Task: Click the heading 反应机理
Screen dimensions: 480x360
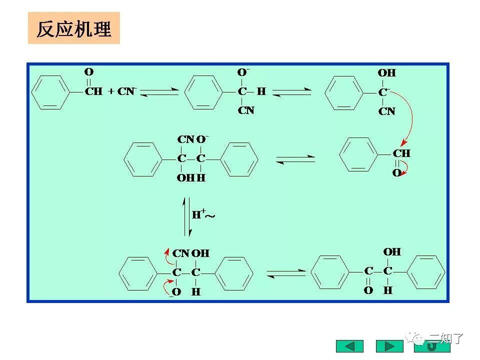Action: pyautogui.click(x=73, y=29)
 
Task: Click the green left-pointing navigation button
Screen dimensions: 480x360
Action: pyautogui.click(x=349, y=345)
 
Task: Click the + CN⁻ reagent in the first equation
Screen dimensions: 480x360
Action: pyautogui.click(x=123, y=91)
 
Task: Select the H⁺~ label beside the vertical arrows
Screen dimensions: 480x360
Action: pyautogui.click(x=203, y=215)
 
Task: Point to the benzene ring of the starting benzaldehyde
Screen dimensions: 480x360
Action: pyautogui.click(x=50, y=92)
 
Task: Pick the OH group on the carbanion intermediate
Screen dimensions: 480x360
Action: pyautogui.click(x=386, y=73)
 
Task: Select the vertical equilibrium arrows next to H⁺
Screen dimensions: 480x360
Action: pyautogui.click(x=187, y=216)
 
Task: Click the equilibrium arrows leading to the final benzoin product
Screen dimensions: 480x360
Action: pyautogui.click(x=286, y=272)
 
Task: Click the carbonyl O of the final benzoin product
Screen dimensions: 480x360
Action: pyautogui.click(x=368, y=290)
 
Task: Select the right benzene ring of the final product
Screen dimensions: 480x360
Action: pyautogui.click(x=426, y=272)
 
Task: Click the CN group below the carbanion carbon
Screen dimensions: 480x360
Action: pyautogui.click(x=386, y=111)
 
